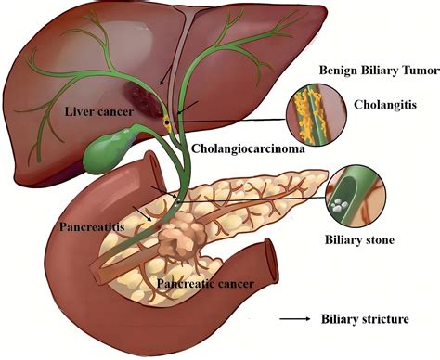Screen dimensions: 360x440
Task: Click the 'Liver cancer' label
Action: pyautogui.click(x=100, y=112)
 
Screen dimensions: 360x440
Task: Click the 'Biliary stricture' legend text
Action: pyautogui.click(x=364, y=320)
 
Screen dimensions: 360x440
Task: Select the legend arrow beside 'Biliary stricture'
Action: pyautogui.click(x=296, y=320)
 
